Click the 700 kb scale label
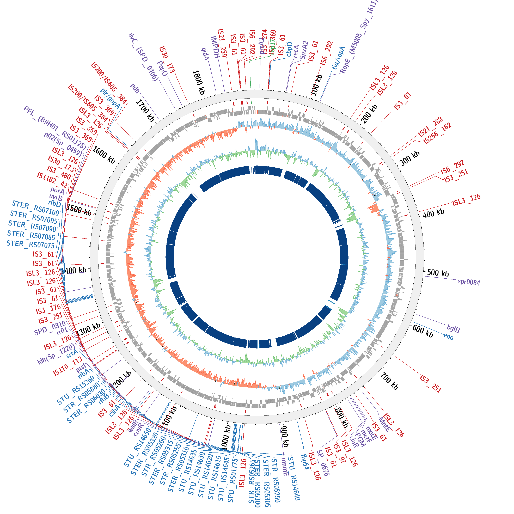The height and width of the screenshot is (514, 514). [389, 381]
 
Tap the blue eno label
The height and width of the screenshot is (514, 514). [449, 336]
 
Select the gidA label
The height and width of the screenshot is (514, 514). [205, 54]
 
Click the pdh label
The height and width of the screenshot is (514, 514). [135, 88]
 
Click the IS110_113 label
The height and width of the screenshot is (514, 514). [68, 367]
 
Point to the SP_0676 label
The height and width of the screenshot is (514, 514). [323, 463]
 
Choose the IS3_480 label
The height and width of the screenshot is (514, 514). [59, 173]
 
